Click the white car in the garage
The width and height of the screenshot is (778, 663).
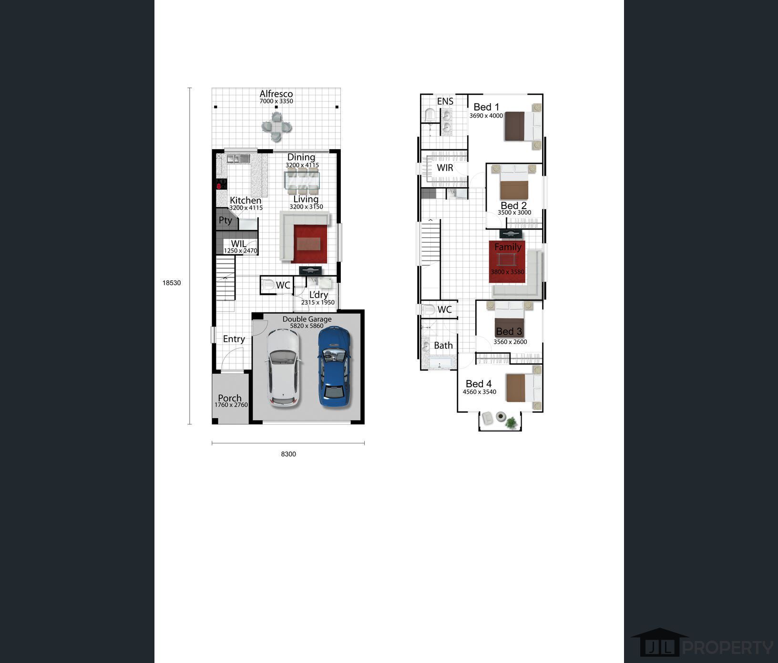(284, 368)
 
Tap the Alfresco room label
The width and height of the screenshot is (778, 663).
(276, 94)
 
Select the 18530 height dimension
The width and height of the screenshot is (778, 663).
(172, 283)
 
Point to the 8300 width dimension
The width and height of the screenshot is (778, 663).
(288, 454)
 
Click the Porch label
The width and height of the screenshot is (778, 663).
(230, 398)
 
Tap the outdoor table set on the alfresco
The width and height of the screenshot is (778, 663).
(276, 127)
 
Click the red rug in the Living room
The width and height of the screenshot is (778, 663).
(310, 244)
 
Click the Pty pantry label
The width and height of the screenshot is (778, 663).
(225, 220)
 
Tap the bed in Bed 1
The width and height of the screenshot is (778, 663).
(521, 126)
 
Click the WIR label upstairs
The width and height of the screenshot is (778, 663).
(445, 168)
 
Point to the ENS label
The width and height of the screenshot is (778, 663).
(445, 101)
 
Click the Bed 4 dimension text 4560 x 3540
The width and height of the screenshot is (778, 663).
(479, 392)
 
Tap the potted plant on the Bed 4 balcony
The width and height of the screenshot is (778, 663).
(511, 422)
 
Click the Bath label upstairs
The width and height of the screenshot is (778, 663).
(443, 345)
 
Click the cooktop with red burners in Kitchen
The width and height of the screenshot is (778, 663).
(221, 184)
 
